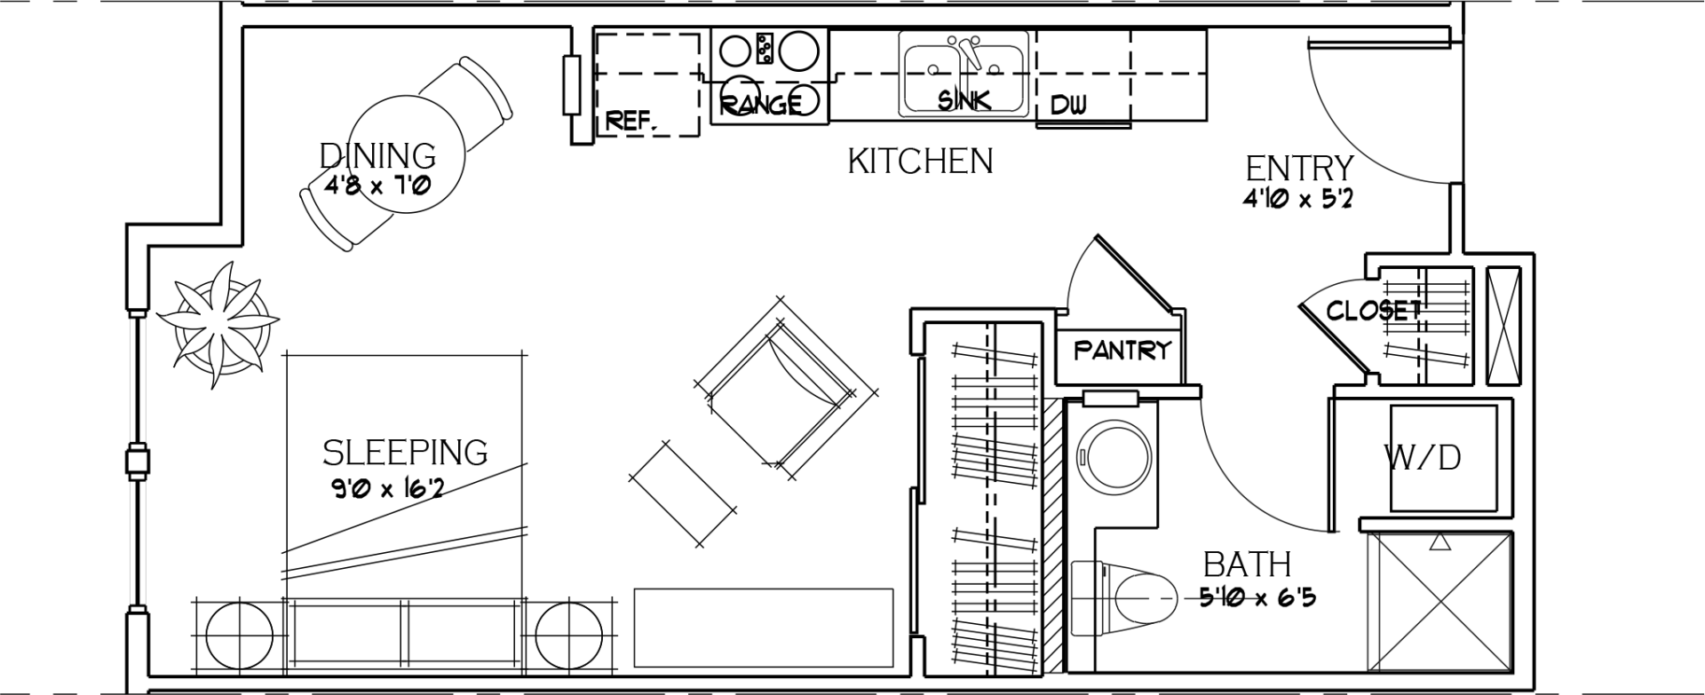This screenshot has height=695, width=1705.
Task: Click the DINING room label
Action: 377,155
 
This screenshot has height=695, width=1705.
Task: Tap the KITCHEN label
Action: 920,162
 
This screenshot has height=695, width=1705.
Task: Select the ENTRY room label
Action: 1299,168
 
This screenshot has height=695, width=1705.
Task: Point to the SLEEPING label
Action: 405,453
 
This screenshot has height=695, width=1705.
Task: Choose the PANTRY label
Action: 1122,350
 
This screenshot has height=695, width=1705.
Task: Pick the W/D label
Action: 1423,458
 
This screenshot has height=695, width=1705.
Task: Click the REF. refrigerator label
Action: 631,121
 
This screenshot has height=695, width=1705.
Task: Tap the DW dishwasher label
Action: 1068,106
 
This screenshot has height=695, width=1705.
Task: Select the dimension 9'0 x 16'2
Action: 386,488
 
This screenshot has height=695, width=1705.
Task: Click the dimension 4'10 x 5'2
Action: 1298,199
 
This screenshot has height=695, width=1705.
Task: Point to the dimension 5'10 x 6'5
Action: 1257,597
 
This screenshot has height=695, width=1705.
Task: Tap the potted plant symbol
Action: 217,324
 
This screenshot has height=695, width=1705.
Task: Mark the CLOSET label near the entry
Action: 1373,311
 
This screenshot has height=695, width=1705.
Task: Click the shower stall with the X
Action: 1439,601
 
